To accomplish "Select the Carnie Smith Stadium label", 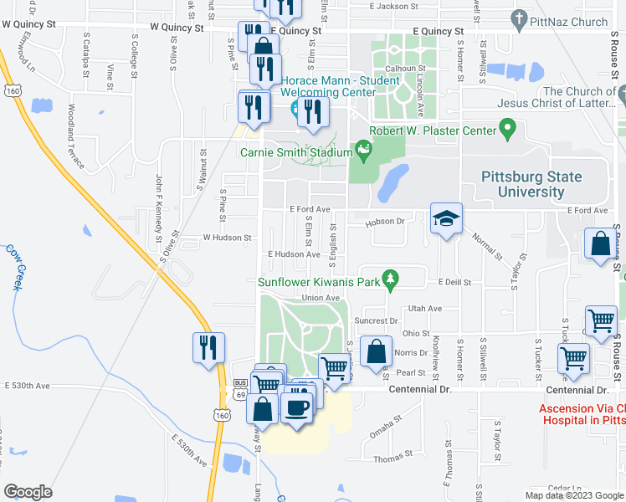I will [x=296, y=152].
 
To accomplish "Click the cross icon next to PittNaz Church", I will [x=519, y=19].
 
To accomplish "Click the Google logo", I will [x=28, y=491].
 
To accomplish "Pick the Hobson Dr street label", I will [x=384, y=222].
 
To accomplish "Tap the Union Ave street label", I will [x=321, y=298].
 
